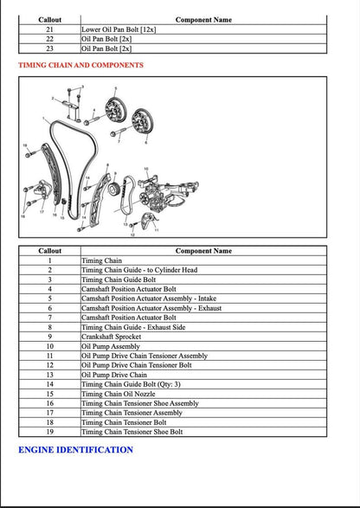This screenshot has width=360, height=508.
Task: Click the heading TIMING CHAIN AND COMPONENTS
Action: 80,65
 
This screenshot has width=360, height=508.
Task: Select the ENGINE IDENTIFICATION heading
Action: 75,450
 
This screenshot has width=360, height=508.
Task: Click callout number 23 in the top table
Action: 49,48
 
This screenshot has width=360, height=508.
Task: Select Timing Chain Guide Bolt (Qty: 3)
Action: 126,383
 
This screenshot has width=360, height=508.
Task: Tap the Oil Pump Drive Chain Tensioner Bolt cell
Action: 137,365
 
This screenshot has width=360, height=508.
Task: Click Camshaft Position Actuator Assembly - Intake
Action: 148,299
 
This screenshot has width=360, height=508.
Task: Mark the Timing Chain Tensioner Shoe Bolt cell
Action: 132,431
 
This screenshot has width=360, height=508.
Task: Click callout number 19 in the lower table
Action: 49,431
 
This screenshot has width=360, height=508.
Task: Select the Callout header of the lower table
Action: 49,251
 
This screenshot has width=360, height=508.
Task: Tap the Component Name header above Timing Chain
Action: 203,251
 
